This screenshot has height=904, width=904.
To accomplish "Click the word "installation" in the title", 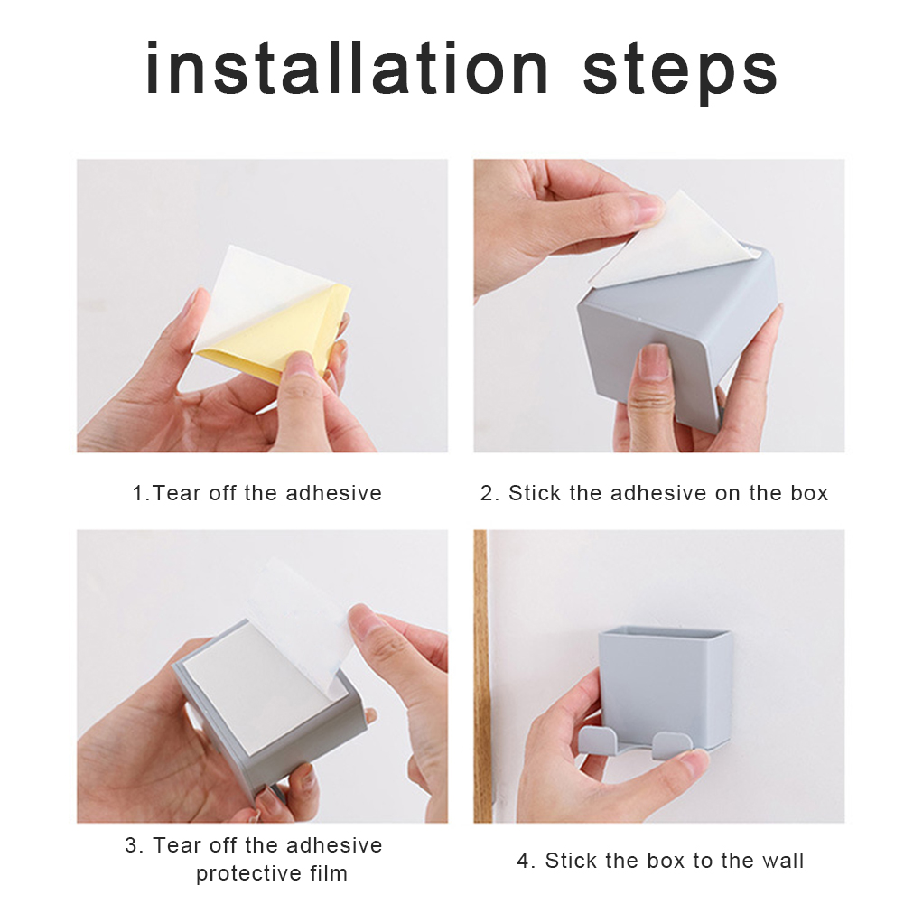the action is coord(347,68).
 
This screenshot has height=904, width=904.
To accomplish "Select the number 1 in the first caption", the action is coord(138,493).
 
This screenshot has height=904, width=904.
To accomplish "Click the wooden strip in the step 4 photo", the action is coord(480,676).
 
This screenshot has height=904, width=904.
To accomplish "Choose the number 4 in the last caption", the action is coord(523,861).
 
